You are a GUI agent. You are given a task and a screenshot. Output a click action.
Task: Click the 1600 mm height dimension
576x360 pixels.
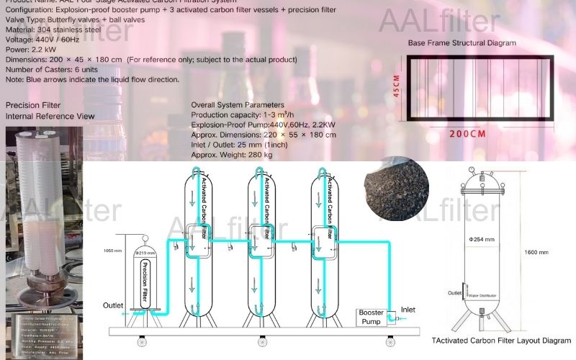click(536, 253)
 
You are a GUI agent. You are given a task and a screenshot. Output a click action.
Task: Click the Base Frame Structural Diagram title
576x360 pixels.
click(462, 43)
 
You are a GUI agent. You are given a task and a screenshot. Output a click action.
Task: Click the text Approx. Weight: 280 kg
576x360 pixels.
click(232, 155)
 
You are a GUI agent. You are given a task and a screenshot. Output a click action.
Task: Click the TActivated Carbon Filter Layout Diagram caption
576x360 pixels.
click(501, 340)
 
